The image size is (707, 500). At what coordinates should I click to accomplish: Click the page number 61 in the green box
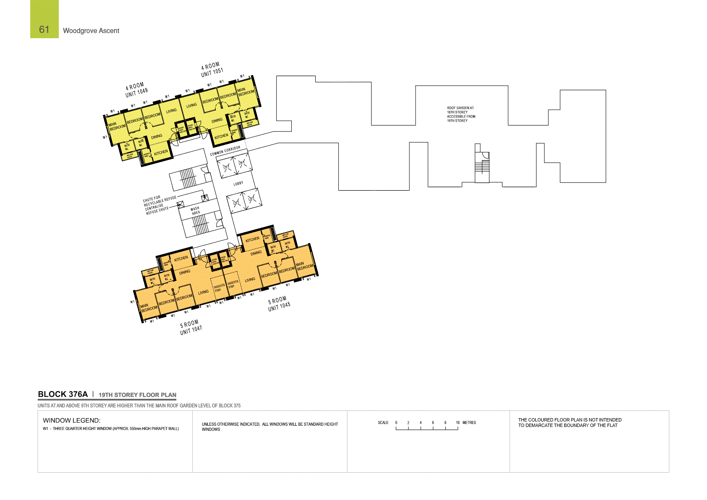(x=44, y=29)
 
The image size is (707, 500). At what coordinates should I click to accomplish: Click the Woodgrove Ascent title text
(x=91, y=31)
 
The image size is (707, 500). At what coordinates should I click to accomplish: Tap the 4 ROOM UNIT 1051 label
(x=212, y=70)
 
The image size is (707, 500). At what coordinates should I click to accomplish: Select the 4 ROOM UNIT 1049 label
(x=136, y=90)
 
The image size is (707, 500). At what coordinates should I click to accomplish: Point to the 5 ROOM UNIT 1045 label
(x=279, y=304)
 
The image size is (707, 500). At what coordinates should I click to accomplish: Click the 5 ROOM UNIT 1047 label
(x=191, y=327)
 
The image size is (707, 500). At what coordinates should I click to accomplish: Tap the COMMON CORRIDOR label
(x=225, y=151)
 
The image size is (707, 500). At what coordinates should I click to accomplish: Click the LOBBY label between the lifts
(x=238, y=183)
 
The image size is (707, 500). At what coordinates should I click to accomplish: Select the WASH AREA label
(x=195, y=211)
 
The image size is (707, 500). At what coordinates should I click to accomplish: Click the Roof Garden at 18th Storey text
(x=461, y=114)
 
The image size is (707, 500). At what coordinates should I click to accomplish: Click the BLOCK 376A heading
(x=63, y=394)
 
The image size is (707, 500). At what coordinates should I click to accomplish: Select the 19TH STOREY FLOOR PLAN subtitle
(x=137, y=395)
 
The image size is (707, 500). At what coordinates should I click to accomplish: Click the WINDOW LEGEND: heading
(x=71, y=420)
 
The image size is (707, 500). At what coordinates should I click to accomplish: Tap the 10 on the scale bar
(x=458, y=423)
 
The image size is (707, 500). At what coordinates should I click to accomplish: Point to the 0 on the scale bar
(x=396, y=423)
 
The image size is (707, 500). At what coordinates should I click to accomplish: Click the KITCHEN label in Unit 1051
(x=221, y=136)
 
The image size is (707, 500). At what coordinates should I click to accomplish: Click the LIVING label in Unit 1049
(x=171, y=111)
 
